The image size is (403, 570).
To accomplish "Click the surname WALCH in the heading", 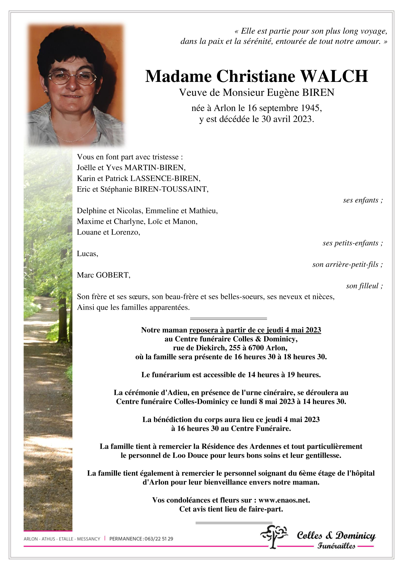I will pos(334,76).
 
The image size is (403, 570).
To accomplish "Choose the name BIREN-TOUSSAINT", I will pos(171,189).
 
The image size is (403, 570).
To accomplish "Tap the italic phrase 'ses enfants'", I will pos(361,200).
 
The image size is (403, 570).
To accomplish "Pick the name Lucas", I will pos(87,254).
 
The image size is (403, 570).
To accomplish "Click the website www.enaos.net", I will pos(284,500).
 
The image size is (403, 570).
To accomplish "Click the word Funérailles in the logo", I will pos(336,546).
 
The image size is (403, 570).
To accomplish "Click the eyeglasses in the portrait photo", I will pos(72,78).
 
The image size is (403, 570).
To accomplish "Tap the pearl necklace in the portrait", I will pos(73,132).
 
